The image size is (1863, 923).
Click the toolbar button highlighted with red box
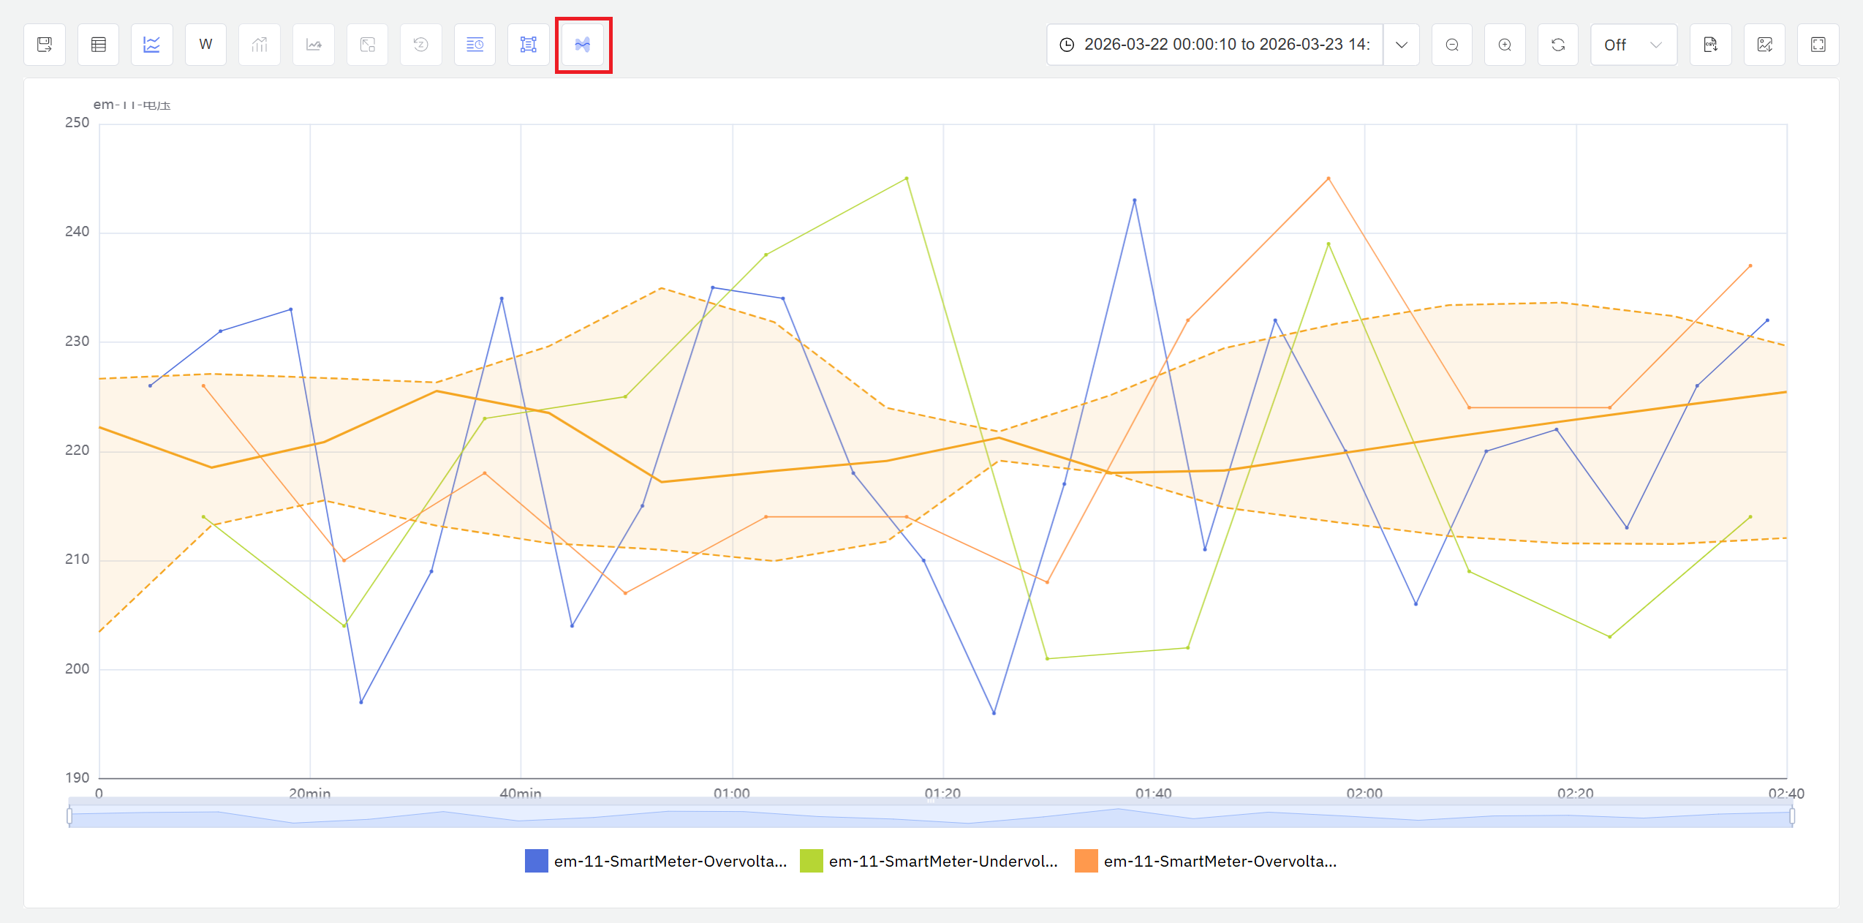point(583,45)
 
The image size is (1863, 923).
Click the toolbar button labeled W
point(205,45)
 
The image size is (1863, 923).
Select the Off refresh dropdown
point(1633,45)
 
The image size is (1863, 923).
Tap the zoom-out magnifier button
point(1451,45)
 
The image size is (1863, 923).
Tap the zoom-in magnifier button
point(1505,45)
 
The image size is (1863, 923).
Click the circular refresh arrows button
point(1558,45)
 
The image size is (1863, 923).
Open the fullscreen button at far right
point(1818,45)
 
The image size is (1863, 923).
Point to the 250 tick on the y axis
point(78,123)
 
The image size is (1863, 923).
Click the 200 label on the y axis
point(78,668)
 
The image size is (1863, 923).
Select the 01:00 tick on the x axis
point(732,793)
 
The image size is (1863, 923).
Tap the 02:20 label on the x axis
point(1575,793)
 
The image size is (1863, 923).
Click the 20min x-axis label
point(309,793)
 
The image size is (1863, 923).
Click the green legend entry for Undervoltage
point(942,861)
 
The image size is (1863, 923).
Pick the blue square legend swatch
point(537,861)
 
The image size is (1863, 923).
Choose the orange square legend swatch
point(1086,861)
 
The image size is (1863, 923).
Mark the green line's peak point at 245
point(907,178)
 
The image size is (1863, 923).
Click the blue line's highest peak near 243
point(1135,200)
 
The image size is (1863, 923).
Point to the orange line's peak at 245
point(1329,178)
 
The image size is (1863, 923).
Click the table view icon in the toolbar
point(99,45)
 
